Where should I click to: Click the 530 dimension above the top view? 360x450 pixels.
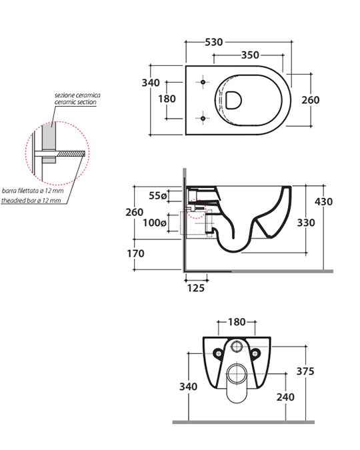tap(214, 42)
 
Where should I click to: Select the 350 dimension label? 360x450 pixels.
tap(250, 55)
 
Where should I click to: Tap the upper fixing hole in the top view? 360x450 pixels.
tap(203, 82)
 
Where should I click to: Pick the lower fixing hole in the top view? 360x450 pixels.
tap(203, 118)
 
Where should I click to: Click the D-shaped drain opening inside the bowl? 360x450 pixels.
tap(233, 100)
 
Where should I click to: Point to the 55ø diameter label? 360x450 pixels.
tap(157, 195)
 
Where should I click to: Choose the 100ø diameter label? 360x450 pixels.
tap(155, 223)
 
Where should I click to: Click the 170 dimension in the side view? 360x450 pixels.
tap(135, 253)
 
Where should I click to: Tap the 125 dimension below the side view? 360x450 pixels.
tap(196, 288)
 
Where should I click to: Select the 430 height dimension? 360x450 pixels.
tap(323, 201)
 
